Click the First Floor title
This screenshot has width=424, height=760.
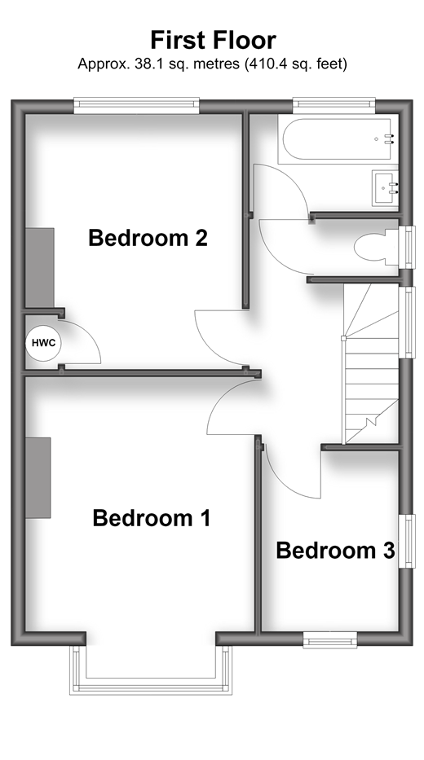pos(213,40)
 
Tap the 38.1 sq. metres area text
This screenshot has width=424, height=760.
pos(159,64)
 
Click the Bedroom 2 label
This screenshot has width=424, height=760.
pos(148,238)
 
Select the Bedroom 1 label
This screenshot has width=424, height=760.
pos(152,517)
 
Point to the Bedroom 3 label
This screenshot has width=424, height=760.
pos(335,551)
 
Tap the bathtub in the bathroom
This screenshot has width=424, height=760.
pos(338,139)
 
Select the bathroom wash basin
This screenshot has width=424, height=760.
pos(385,187)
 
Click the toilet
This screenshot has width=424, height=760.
pos(377,247)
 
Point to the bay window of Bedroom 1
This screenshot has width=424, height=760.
pos(151,671)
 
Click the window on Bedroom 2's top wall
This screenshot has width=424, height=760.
pos(136,106)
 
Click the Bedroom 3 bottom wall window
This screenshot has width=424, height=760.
pos(330,639)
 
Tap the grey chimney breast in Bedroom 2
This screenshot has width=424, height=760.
pos(40,268)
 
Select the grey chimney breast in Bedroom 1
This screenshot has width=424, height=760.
pos(38,478)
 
